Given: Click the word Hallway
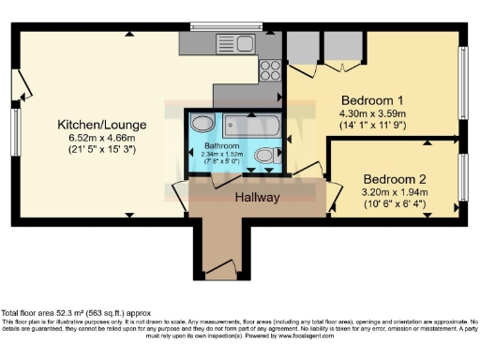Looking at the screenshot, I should click(257, 197).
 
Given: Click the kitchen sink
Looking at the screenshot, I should click(228, 41).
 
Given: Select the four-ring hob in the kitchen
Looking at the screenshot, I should click(270, 69).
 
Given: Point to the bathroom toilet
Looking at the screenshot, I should click(265, 156).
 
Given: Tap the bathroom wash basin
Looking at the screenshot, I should click(202, 123).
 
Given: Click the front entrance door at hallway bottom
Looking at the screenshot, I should click(221, 272).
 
